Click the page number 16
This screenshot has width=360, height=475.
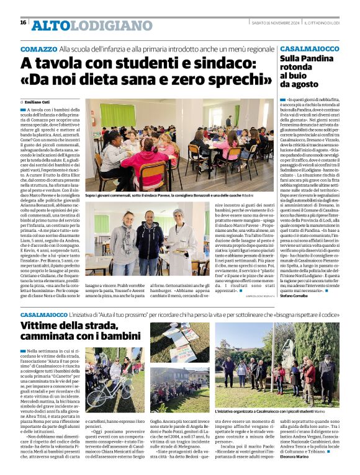point(23,22)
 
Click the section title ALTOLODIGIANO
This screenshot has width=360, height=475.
point(91,25)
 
